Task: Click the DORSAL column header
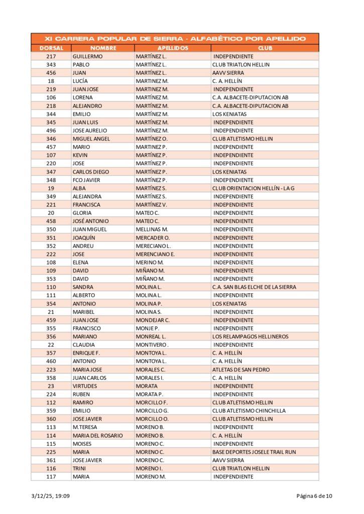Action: tap(51, 48)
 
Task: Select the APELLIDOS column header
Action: tap(173, 48)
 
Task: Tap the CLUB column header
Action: tap(265, 48)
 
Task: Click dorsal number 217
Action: tap(51, 57)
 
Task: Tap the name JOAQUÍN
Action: tap(84, 237)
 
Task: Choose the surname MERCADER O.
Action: tap(153, 237)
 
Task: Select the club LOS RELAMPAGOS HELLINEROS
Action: tap(250, 336)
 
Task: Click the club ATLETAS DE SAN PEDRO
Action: tap(240, 369)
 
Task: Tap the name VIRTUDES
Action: tap(85, 386)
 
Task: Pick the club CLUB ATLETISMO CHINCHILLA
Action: tap(249, 411)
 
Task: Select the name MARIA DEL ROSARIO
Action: tap(97, 436)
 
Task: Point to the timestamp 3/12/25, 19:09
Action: tap(50, 496)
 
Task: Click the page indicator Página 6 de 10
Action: tap(314, 496)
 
